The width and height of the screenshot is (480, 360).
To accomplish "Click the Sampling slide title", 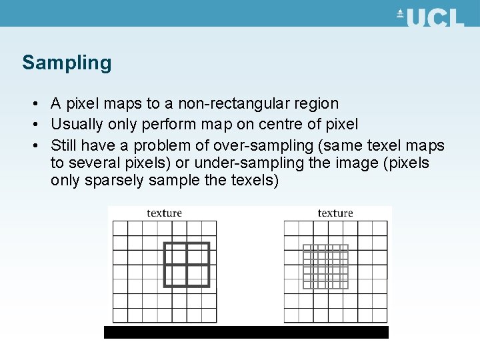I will point(67,63).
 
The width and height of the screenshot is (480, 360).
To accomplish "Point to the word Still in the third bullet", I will point(64,145).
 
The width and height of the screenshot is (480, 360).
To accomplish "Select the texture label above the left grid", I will point(164,213).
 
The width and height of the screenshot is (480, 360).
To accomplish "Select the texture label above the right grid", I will point(335,213).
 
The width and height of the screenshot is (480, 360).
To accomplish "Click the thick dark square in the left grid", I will point(187,265).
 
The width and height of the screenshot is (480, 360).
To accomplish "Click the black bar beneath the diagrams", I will point(246,332).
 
